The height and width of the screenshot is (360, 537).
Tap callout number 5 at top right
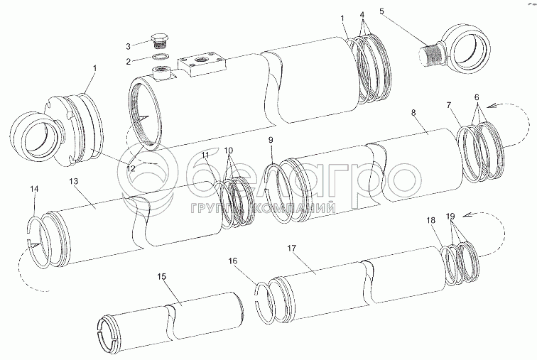pyautogui.click(x=382, y=11)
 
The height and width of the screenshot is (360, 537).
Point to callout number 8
pyautogui.click(x=414, y=113)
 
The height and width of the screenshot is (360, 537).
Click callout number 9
pyautogui.click(x=271, y=141)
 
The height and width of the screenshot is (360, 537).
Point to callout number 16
pyautogui.click(x=231, y=261)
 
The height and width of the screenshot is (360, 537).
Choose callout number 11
pyautogui.click(x=205, y=155)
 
